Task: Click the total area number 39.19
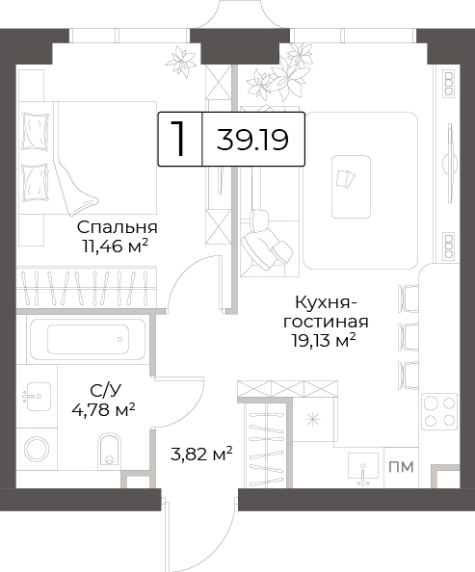(x=252, y=140)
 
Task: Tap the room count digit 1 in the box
(x=178, y=139)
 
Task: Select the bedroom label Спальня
(x=118, y=227)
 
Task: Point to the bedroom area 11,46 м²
(x=115, y=247)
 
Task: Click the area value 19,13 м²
(x=324, y=340)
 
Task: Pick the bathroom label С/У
(x=105, y=391)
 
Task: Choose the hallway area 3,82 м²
(x=201, y=454)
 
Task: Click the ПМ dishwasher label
(x=401, y=467)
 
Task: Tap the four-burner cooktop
(x=439, y=411)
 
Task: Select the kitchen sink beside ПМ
(x=363, y=466)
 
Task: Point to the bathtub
(x=88, y=339)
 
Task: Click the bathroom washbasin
(x=37, y=397)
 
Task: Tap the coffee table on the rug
(x=351, y=187)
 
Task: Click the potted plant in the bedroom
(x=181, y=61)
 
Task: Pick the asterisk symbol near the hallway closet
(x=312, y=420)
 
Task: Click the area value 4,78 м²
(x=104, y=410)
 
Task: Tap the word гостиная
(x=326, y=323)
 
